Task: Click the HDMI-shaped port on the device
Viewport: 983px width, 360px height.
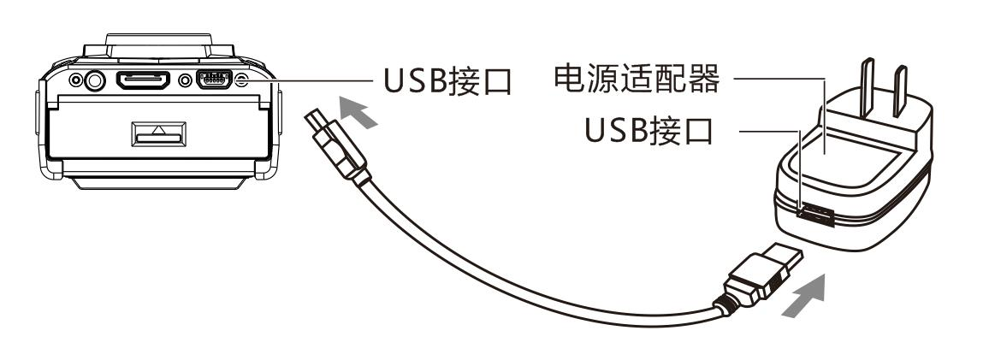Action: click(141, 81)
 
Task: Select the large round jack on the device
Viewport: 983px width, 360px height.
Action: click(93, 81)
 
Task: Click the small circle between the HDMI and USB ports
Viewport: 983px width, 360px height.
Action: click(186, 81)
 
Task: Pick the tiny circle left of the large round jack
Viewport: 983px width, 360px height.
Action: click(75, 81)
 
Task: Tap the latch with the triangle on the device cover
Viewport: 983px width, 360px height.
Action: click(157, 133)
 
